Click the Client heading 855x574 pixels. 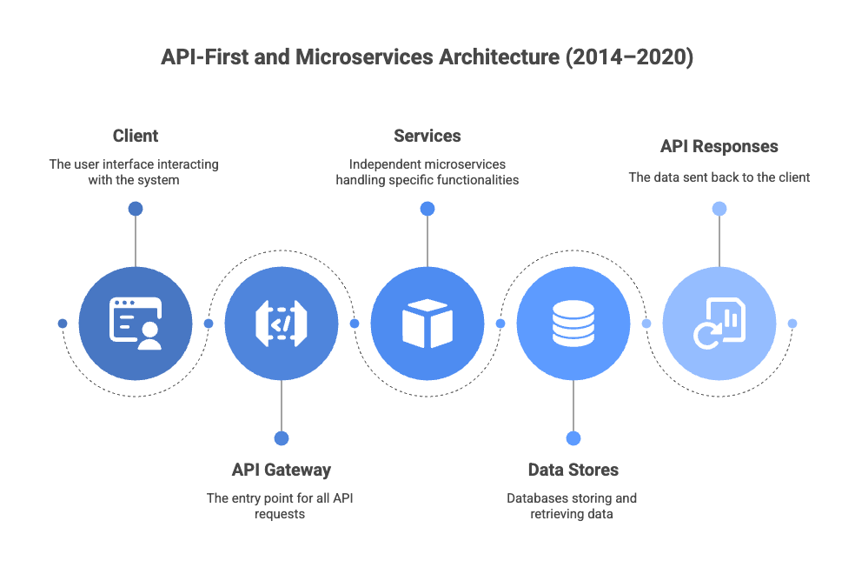pyautogui.click(x=136, y=136)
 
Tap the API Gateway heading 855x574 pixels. pyautogui.click(x=282, y=470)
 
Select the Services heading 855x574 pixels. pyautogui.click(x=427, y=136)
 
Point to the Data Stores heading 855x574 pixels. pyautogui.click(x=573, y=470)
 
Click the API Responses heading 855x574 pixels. pyautogui.click(x=719, y=146)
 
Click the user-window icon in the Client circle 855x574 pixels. pyautogui.click(x=136, y=324)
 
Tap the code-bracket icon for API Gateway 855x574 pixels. pyautogui.click(x=282, y=324)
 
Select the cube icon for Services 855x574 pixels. pyautogui.click(x=427, y=324)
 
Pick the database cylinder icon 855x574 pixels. pyautogui.click(x=573, y=324)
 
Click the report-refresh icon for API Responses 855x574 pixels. pyautogui.click(x=719, y=324)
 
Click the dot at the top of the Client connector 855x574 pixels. pyautogui.click(x=136, y=209)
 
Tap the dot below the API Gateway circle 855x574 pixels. pyautogui.click(x=282, y=438)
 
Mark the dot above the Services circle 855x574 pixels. pyautogui.click(x=427, y=209)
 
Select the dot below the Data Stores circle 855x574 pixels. pyautogui.click(x=573, y=438)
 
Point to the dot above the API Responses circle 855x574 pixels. pyautogui.click(x=719, y=209)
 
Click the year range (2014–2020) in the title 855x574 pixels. pyautogui.click(x=629, y=57)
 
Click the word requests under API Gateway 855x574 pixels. pyautogui.click(x=280, y=515)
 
